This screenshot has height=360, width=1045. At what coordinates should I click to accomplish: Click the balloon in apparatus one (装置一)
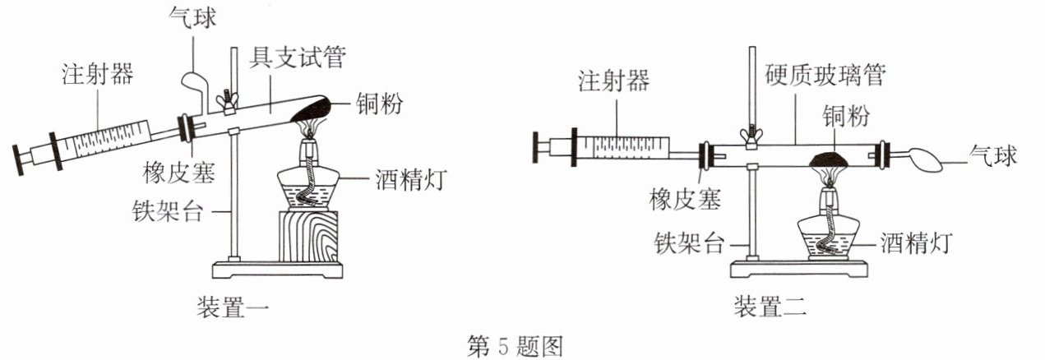pyautogui.click(x=196, y=83)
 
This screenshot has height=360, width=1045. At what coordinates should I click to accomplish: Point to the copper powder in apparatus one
pyautogui.click(x=311, y=106)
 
